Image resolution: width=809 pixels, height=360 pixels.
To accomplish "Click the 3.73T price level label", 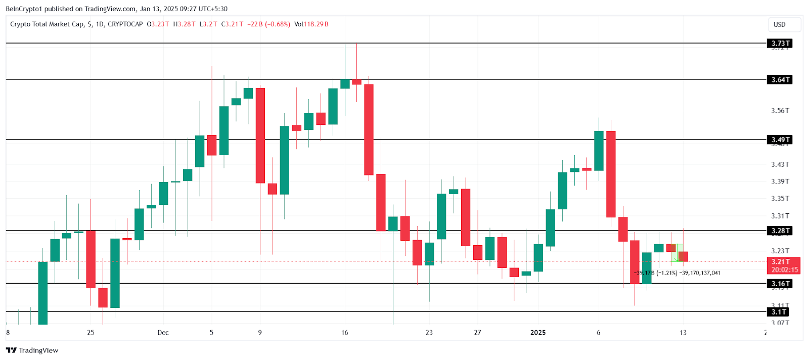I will click(779, 43).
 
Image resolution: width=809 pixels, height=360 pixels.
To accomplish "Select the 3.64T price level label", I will click(779, 80).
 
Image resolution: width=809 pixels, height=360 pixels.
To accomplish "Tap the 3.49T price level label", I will click(779, 140).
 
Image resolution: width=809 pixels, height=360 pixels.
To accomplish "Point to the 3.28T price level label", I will click(779, 231).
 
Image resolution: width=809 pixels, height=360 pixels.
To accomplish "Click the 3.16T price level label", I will click(779, 284).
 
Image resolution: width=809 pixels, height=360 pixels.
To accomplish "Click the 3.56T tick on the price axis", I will click(780, 111).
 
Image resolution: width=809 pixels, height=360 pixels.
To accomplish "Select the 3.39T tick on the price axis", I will click(780, 182).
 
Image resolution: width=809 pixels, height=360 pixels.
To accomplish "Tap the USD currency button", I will click(780, 24).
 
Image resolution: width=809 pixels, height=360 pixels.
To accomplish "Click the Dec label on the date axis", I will click(163, 333).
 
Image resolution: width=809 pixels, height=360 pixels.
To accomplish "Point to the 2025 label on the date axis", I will click(537, 333).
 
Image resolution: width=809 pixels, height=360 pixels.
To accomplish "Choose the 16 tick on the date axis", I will click(345, 333).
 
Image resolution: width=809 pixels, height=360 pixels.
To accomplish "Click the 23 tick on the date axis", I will click(429, 333).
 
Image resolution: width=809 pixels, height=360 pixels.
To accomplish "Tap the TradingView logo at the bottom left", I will click(32, 350).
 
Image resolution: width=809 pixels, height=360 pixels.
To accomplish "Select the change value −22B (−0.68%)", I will click(268, 24).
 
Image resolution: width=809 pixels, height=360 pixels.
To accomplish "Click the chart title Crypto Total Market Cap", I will click(47, 24).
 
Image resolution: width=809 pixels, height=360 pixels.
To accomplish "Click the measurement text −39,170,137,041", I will click(700, 273).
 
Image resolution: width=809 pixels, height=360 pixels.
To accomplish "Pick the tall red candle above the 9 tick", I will click(260, 136).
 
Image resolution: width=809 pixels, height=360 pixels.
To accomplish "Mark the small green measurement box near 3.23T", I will click(678, 252).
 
